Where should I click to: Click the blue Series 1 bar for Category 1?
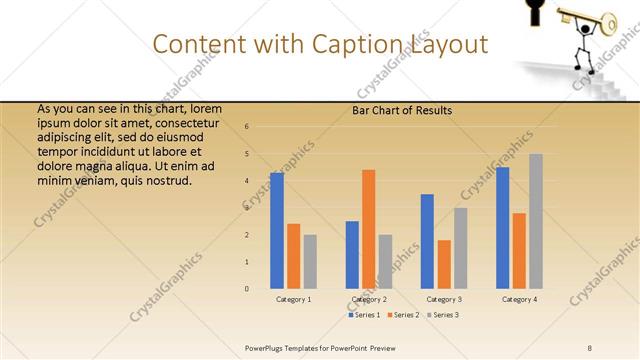click(276, 230)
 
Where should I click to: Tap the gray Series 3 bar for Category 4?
click(536, 221)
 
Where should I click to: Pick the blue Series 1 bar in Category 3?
click(427, 241)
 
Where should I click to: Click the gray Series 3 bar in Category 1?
click(310, 261)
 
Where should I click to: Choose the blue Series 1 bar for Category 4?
click(502, 227)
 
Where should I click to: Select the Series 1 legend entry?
click(364, 315)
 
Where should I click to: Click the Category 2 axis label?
click(369, 299)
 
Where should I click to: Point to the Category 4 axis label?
click(519, 299)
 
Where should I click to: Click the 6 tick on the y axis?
click(247, 127)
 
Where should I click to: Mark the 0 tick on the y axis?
click(247, 289)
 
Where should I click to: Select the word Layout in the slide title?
click(447, 44)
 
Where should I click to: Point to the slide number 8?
click(589, 346)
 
